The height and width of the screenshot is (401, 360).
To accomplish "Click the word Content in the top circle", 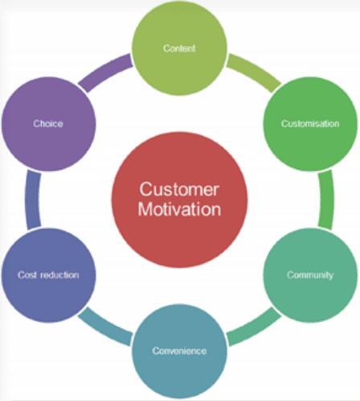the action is coord(179,48).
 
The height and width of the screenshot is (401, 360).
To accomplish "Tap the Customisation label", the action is coord(310,124).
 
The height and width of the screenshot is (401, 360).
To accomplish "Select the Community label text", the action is coord(310,275).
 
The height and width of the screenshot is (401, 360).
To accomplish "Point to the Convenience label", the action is coord(179,350).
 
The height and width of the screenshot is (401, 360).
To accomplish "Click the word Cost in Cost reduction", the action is coord(27,275).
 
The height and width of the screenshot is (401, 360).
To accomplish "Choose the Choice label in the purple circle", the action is coord(48,124).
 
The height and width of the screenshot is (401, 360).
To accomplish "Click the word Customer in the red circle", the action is coord(179,190).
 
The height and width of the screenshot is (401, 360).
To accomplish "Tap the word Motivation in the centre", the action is coord(179,209).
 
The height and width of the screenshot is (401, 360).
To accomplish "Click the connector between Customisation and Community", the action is coord(326,199).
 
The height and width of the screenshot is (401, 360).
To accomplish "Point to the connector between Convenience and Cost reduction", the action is coord(104,328).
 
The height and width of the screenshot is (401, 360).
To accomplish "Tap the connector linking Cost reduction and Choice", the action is coord(33,199).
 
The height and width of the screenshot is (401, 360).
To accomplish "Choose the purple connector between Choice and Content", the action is coord(104,72).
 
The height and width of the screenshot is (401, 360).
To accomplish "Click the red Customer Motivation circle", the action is coord(179,199).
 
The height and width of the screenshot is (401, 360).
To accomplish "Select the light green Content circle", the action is coord(179,48).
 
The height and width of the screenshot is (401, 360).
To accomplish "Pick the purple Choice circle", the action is coord(48,124).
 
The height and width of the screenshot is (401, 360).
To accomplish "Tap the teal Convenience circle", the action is coord(179,351).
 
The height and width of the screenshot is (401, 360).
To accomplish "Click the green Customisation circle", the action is coord(310,124).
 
